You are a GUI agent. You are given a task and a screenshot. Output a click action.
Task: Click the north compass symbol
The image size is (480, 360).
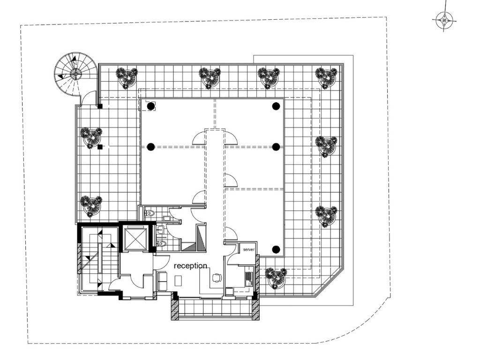pos(444,21)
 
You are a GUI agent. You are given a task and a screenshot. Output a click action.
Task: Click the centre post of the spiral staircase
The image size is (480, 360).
pos(75,74)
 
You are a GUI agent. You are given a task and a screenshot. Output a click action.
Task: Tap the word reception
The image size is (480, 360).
pos(190,266)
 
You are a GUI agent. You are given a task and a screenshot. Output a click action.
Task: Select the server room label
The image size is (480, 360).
pos(248,249)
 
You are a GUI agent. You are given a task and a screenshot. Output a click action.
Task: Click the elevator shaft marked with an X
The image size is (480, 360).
pos(135,238)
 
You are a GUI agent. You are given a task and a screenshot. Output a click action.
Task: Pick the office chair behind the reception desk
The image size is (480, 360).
pos(217,277)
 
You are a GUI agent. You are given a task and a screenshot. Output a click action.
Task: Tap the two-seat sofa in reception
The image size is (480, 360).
pos(162,281)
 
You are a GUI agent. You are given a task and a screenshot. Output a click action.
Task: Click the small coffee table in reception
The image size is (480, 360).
pos(178,280)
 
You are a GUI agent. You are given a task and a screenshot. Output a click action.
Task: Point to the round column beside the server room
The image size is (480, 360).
pos(276,249)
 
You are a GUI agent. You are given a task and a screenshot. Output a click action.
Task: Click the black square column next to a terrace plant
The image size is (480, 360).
pos(99,147)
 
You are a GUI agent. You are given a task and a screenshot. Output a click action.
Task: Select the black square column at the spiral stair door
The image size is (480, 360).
pos(100,106)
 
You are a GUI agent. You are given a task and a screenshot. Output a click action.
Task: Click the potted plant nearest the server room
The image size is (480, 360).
pos(276,278)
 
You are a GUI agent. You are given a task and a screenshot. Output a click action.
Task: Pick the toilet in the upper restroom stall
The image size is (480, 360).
pos(150,213)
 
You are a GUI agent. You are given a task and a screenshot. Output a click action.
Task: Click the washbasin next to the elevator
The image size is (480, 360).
pos(160,229)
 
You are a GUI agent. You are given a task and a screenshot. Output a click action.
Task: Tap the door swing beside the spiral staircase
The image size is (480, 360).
pos(88,97)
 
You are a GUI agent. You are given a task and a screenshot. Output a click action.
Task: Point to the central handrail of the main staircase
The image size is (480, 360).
pos(100,258)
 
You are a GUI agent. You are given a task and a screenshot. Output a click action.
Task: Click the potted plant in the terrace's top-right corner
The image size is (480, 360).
pos(327,77)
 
